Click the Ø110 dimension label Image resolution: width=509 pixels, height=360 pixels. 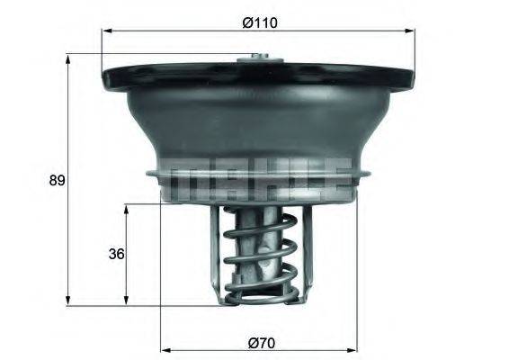[x=259, y=22]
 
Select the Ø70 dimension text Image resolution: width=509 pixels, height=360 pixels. [x=260, y=342]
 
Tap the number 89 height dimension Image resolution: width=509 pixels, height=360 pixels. [x=57, y=180]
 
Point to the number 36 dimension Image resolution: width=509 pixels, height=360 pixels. [x=115, y=254]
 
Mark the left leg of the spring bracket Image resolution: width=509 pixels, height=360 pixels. [x=216, y=252]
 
